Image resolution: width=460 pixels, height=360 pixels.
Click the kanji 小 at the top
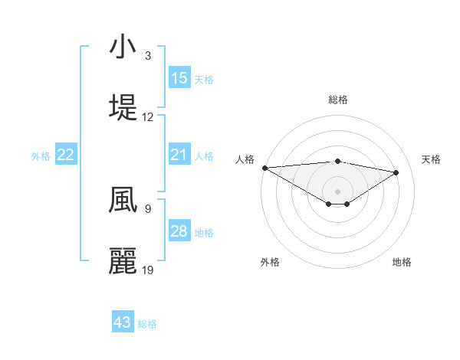click(123, 48)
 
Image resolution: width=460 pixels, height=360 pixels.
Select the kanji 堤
click(123, 108)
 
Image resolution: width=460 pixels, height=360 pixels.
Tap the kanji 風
click(123, 200)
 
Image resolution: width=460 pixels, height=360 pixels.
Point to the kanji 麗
click(123, 261)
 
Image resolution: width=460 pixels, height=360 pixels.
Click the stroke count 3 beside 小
click(148, 56)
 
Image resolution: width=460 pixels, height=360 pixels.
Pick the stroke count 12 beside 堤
click(148, 117)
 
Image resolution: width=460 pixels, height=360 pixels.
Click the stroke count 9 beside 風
click(148, 208)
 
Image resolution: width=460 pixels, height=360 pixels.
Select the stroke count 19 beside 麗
click(148, 270)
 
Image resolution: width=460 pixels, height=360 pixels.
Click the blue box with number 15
click(179, 78)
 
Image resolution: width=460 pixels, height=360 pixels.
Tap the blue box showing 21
click(179, 155)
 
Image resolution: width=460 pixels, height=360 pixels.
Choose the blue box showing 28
click(179, 231)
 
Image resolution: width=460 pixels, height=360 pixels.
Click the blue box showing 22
click(66, 155)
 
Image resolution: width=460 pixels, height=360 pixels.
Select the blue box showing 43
click(123, 322)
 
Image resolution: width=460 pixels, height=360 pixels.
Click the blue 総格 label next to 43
click(148, 324)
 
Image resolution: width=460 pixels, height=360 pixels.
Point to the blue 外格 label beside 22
click(41, 155)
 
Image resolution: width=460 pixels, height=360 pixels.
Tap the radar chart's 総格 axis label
click(338, 100)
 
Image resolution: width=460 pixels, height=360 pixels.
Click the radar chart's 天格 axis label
click(432, 159)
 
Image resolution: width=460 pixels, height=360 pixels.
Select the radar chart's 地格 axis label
click(402, 262)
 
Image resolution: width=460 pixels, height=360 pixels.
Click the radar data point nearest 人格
click(264, 168)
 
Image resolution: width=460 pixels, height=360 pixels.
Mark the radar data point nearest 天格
click(396, 172)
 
